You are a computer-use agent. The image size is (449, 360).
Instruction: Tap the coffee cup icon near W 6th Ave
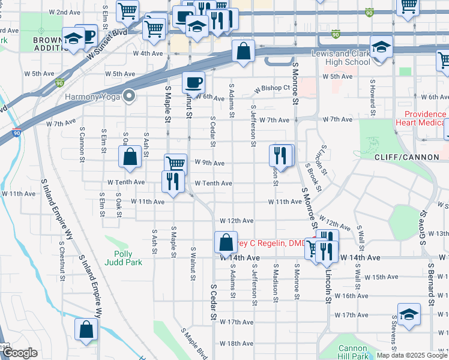coord(193,82)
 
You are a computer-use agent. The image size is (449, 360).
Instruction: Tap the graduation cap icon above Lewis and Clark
coord(381,46)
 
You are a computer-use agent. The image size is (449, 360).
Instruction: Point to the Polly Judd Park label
coord(127,258)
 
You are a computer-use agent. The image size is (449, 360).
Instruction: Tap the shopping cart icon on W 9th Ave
coord(175,163)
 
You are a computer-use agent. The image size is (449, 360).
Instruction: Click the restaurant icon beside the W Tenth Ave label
coord(173,181)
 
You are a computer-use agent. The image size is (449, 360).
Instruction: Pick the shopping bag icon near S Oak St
coord(130,158)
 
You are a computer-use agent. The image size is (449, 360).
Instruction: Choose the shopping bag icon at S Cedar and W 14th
coord(226,242)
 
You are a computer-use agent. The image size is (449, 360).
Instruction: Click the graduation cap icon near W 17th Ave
coord(408,314)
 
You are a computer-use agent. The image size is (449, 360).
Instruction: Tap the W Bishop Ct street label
coord(272,88)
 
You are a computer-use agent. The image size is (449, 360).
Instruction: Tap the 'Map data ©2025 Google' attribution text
coord(412,355)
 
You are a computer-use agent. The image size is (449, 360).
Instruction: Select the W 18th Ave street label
coord(236,343)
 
